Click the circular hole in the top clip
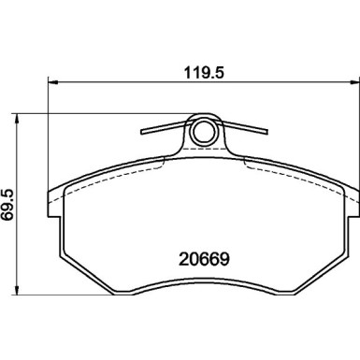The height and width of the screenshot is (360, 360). click(202, 135)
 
